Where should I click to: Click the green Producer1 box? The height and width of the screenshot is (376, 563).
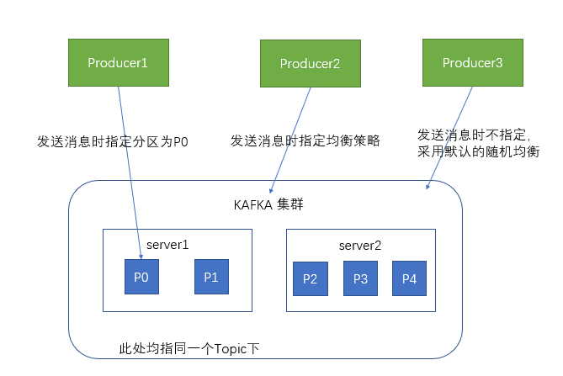pos(117,62)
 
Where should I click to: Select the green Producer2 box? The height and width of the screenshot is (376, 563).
pos(309,62)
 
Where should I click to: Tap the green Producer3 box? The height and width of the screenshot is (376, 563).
pos(472,62)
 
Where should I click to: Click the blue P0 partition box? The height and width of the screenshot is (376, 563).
pos(141,278)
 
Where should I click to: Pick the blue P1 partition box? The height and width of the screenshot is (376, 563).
pos(210,278)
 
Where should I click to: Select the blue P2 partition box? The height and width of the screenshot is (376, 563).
pos(309,279)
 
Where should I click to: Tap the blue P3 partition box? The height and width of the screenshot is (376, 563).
pos(360,279)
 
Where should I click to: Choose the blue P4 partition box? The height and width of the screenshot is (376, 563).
pos(410,279)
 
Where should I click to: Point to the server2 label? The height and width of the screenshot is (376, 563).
pos(360,245)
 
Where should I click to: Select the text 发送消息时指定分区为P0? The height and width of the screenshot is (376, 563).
pos(113,141)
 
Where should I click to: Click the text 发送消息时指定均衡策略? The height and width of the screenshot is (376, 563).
pos(305,140)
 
